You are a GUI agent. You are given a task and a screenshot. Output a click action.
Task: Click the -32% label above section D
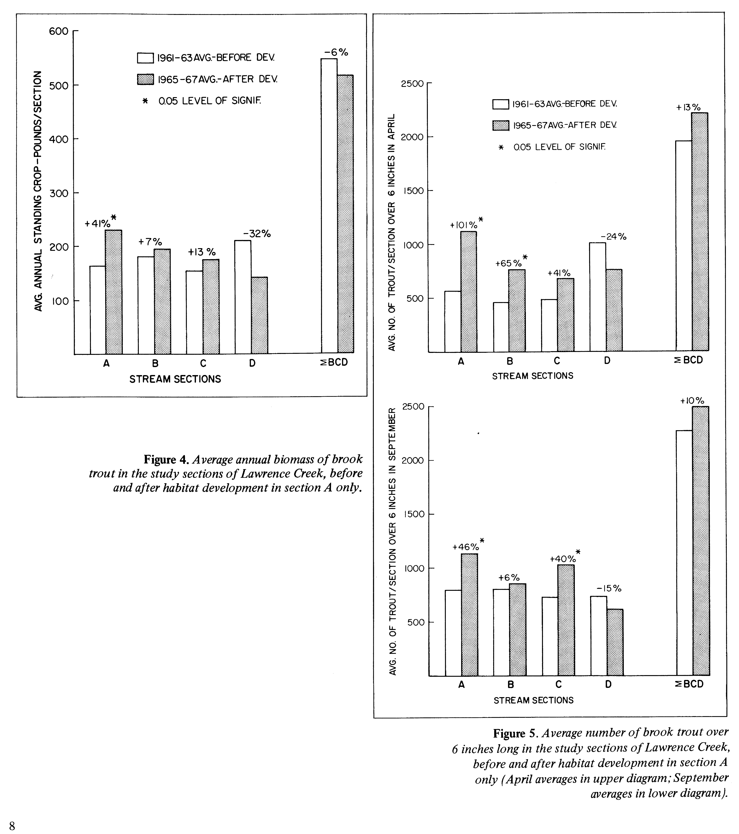click(x=257, y=234)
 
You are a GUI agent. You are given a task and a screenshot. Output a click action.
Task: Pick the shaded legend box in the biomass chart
click(x=145, y=79)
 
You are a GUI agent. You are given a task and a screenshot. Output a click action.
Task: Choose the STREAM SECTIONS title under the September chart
click(x=533, y=700)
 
